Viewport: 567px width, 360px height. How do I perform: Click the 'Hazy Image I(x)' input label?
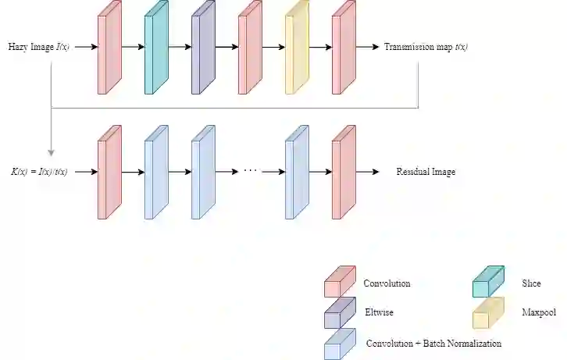[40, 47]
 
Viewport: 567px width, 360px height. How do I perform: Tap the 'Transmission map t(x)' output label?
[426, 47]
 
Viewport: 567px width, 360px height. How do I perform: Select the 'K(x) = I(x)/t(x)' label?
[39, 172]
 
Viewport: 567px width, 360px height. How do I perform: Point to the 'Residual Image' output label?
[425, 172]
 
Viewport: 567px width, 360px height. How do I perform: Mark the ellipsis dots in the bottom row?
[251, 170]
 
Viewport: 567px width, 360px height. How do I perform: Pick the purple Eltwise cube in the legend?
[337, 312]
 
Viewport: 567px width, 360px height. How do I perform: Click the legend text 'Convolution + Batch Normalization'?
[433, 343]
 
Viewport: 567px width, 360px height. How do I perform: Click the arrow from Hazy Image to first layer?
[86, 47]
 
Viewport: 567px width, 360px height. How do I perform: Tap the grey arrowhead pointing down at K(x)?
[51, 153]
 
